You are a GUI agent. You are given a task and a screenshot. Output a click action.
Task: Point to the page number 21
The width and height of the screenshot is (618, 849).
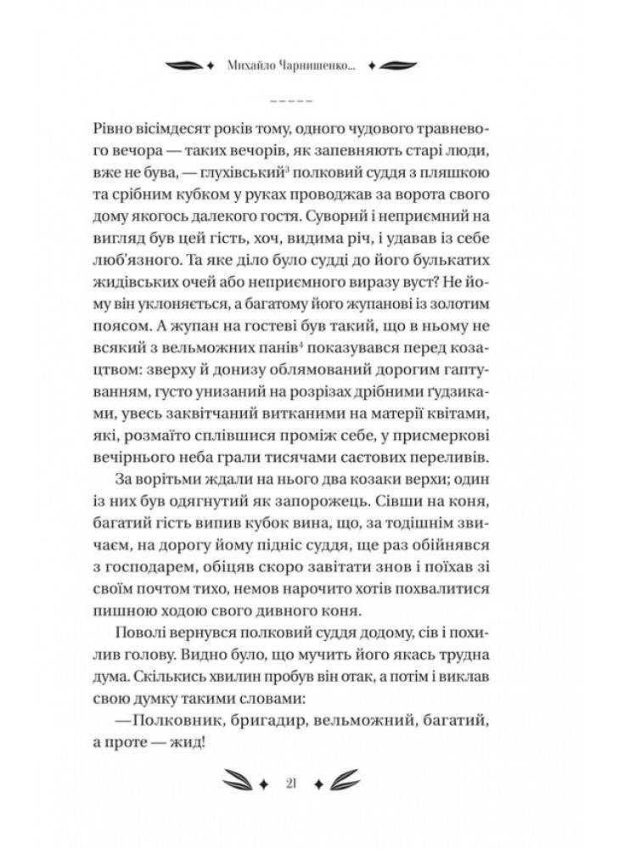(x=308, y=781)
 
